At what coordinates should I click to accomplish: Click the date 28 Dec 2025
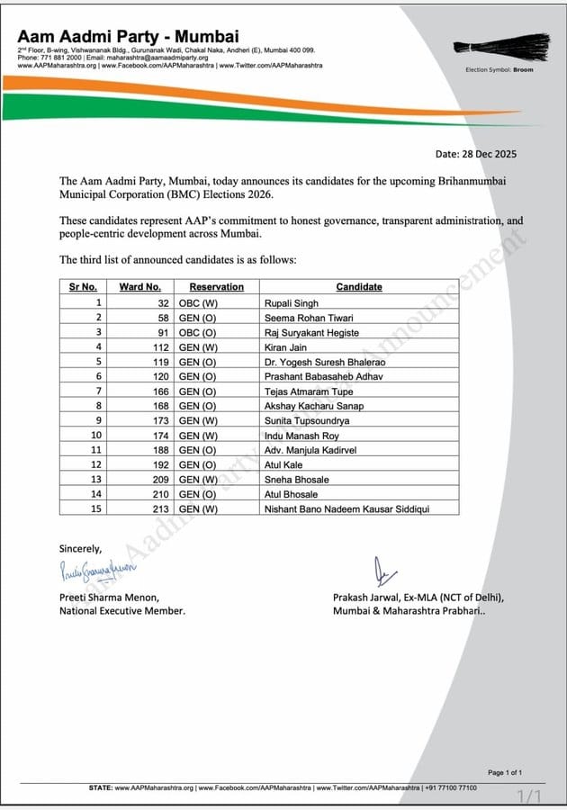(x=489, y=154)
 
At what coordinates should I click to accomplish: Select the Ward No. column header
(x=139, y=287)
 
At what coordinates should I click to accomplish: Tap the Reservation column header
(x=216, y=287)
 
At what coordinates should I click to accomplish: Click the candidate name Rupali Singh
(x=290, y=302)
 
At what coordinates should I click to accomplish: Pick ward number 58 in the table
(x=164, y=317)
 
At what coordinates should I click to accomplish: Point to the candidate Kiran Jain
(x=284, y=346)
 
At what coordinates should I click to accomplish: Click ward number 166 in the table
(x=161, y=391)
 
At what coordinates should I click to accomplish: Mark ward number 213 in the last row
(x=161, y=508)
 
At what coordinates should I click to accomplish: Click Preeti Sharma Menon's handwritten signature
(x=96, y=568)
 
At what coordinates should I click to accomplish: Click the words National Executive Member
(x=122, y=610)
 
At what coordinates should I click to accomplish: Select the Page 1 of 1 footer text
(x=505, y=772)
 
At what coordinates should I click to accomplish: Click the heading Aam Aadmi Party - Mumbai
(x=129, y=37)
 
